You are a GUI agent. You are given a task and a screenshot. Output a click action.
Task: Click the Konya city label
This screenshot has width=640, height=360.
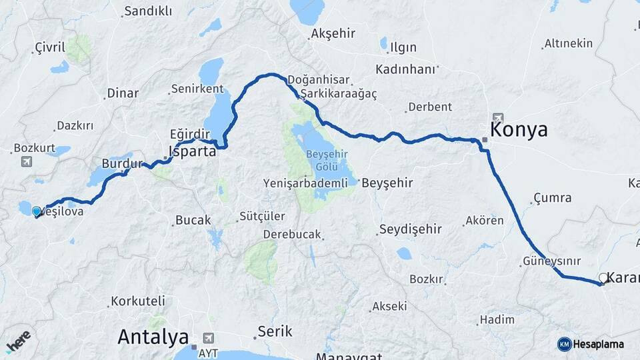coord(519,129)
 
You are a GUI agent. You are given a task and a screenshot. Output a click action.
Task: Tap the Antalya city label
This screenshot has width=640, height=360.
coord(153,337)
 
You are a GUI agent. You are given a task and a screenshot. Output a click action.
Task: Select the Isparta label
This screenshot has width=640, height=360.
coord(193,151)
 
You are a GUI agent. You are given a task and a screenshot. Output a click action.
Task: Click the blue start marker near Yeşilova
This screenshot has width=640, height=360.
coord(36,211)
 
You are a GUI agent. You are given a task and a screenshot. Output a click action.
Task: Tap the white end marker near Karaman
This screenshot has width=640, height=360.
coord(603,278)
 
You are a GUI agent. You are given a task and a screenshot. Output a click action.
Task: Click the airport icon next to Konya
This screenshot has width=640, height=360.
coord(499,118)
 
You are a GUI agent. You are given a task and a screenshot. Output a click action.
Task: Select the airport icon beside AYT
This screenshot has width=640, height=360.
coord(210,337)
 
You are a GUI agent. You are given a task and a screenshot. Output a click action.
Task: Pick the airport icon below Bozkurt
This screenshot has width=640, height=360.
coord(26,161)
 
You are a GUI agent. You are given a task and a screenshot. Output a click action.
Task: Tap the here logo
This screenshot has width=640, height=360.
coord(18,339)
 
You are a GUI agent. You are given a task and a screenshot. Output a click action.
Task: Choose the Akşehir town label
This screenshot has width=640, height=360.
coord(333,33)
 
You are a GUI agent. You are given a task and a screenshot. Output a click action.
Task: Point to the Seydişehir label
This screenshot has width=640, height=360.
coord(410,229)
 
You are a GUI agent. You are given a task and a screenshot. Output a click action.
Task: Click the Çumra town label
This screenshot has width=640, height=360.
coord(552,198)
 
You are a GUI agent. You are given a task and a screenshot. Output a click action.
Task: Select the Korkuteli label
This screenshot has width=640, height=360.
coord(133,301)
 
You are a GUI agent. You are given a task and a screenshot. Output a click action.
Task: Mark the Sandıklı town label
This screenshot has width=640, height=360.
coord(148,11)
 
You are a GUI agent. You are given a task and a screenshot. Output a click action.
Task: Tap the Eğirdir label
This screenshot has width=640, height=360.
coord(185,133)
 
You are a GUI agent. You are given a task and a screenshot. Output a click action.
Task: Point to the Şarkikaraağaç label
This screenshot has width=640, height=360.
coord(339,93)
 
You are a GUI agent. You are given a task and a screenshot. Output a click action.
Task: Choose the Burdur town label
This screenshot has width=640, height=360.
coord(123,163)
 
